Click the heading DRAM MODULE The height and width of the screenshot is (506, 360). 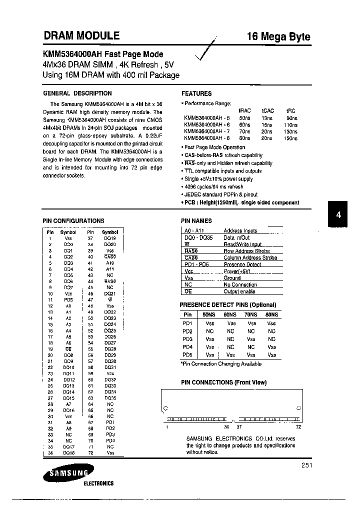pyautogui.click(x=81, y=35)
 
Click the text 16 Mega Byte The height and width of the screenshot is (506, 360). pyautogui.click(x=278, y=36)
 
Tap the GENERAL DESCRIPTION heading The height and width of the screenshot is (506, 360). pyautogui.click(x=77, y=93)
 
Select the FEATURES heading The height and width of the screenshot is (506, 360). pyautogui.click(x=196, y=93)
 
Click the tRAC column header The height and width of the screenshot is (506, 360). pyautogui.click(x=244, y=110)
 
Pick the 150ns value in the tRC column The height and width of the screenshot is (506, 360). pyautogui.click(x=290, y=138)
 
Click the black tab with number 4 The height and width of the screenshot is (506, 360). pyautogui.click(x=338, y=214)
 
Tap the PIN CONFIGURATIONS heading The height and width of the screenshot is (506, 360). pyautogui.click(x=73, y=220)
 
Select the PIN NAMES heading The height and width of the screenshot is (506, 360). pyautogui.click(x=196, y=220)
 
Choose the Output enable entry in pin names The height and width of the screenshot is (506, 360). pyautogui.click(x=239, y=291)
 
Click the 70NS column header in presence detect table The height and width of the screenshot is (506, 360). pyautogui.click(x=250, y=314)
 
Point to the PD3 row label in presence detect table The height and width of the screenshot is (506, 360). pyautogui.click(x=187, y=339)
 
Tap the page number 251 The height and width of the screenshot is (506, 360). pyautogui.click(x=306, y=465)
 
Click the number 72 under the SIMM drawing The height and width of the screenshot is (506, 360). pyautogui.click(x=298, y=427)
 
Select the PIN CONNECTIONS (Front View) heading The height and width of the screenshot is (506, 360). pyautogui.click(x=223, y=382)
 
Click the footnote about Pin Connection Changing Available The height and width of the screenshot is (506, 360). pyautogui.click(x=220, y=364)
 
